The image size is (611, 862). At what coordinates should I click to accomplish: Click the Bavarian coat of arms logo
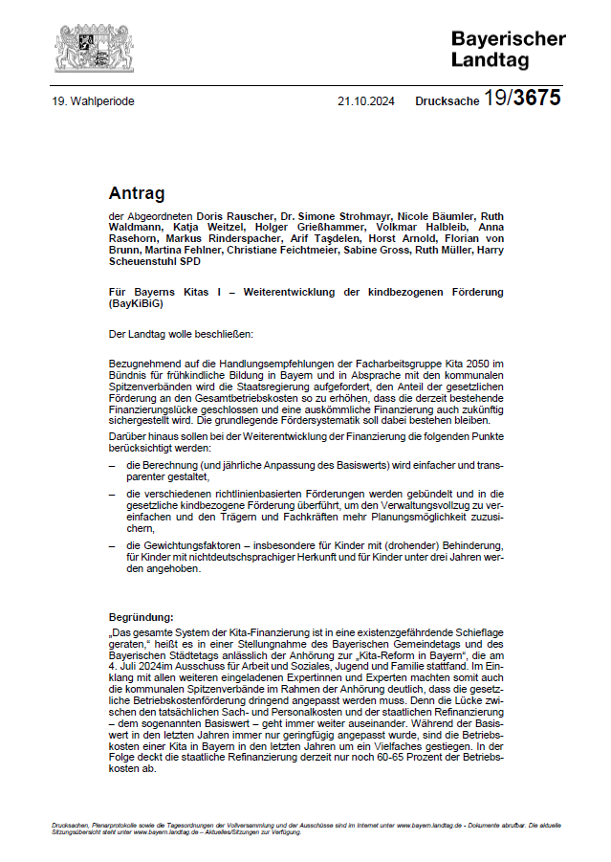[x=82, y=46]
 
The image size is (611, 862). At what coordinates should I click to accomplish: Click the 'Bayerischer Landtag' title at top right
[x=508, y=48]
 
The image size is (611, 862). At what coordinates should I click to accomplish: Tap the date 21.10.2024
[x=366, y=99]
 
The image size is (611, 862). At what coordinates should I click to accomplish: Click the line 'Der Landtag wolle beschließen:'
[x=181, y=335]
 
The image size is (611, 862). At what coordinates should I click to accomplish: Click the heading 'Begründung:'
[x=141, y=618]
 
